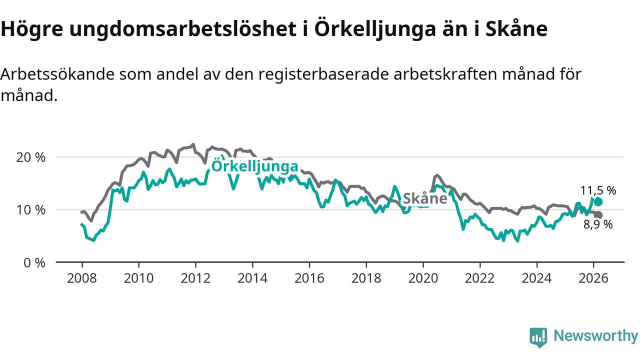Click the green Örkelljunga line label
255,166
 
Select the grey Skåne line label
424,198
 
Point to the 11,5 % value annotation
598,190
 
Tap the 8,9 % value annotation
598,225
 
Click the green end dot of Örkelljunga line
598,202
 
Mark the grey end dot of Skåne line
598,215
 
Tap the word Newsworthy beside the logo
595,336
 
